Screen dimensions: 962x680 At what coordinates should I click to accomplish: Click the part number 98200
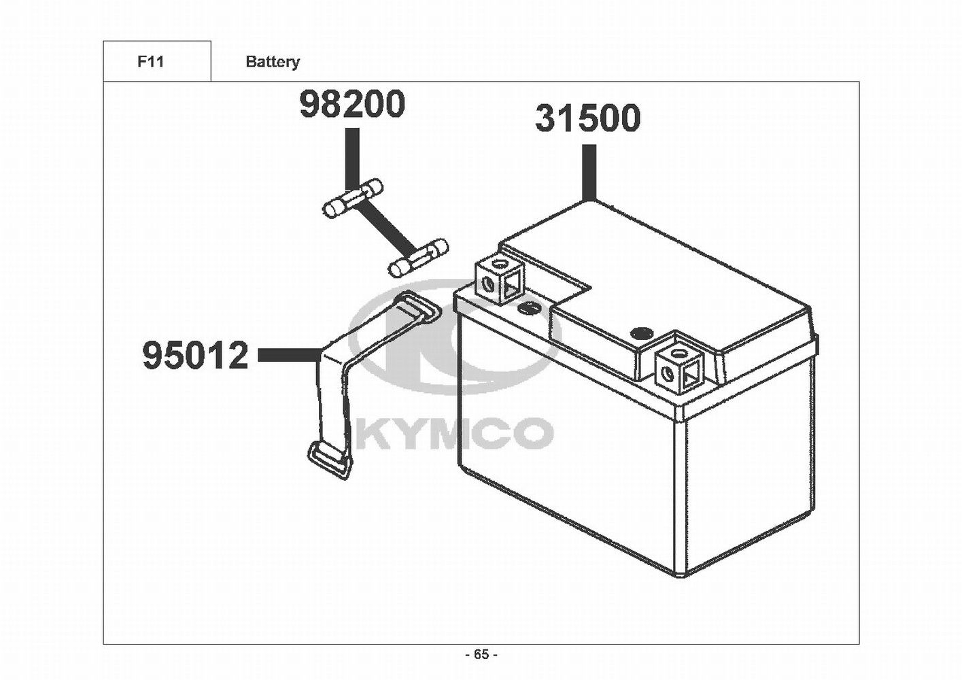tap(352, 104)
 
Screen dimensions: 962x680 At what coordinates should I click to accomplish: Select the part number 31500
tap(587, 118)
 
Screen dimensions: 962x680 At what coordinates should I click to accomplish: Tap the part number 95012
tap(196, 356)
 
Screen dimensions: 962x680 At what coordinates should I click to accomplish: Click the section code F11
tap(150, 62)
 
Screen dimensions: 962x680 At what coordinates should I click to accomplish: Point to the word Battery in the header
tap(272, 62)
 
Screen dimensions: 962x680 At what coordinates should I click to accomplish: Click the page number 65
tap(481, 655)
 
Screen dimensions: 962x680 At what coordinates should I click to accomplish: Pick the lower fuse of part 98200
tap(417, 258)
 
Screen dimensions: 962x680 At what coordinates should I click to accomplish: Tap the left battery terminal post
tap(500, 279)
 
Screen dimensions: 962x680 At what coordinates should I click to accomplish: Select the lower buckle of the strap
tap(332, 462)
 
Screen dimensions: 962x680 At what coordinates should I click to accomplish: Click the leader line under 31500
tap(588, 171)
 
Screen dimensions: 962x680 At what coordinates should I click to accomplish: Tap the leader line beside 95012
tap(289, 354)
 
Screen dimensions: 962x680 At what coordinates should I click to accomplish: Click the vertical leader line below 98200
tap(351, 158)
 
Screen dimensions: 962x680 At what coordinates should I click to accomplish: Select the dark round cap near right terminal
tap(641, 333)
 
